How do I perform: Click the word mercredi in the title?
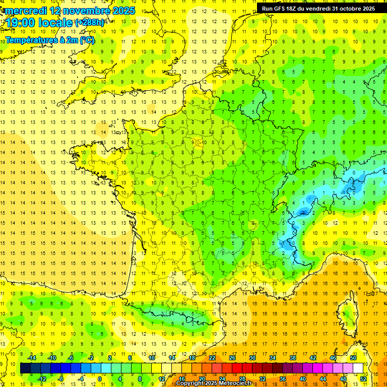pyautogui.click(x=27, y=11)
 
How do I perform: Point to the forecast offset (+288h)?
pyautogui.click(x=90, y=23)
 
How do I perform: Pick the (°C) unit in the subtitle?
pyautogui.click(x=86, y=40)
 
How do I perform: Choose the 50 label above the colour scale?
pyautogui.click(x=353, y=358)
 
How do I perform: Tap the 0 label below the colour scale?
pyautogui.click(x=100, y=379)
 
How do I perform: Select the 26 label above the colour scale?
pyautogui.click(x=232, y=358)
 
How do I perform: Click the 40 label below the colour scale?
pyautogui.click(x=302, y=379)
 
